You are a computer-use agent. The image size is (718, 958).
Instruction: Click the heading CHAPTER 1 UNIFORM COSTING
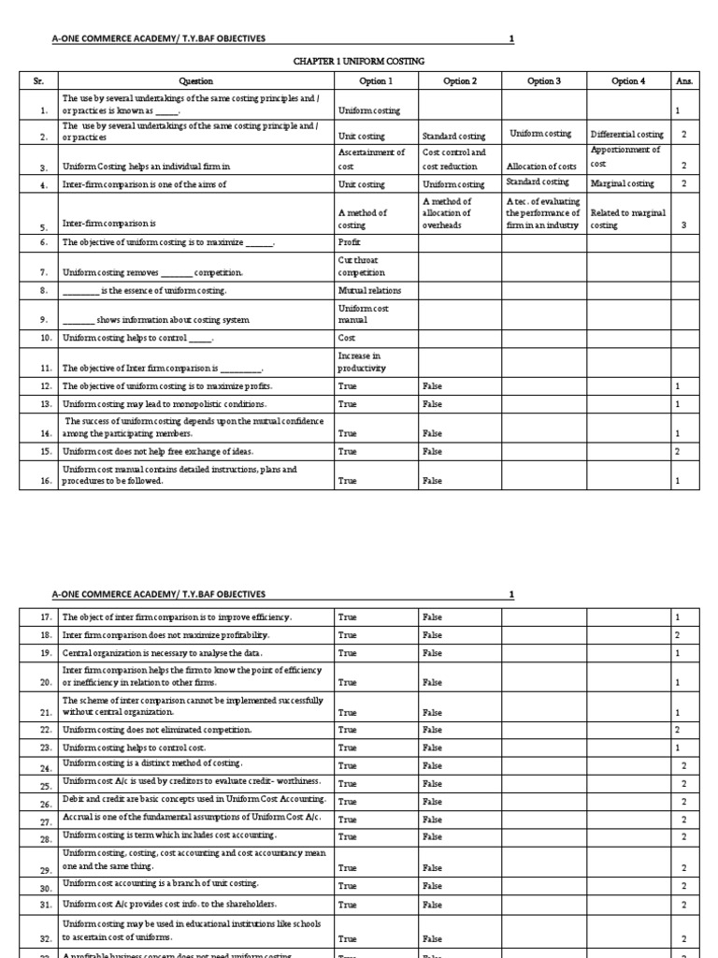(360, 61)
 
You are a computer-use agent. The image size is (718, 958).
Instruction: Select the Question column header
(196, 81)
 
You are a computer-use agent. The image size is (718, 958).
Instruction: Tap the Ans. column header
(683, 81)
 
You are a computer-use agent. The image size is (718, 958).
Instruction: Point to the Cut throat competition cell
(361, 266)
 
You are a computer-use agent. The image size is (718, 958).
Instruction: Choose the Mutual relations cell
(363, 291)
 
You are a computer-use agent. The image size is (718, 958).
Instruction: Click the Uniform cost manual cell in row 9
(362, 313)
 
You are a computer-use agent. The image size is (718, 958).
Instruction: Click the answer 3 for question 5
(683, 225)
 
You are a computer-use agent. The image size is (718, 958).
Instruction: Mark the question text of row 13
(164, 404)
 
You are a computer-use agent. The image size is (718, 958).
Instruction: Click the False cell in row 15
(432, 451)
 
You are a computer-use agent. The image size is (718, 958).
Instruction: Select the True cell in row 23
(347, 748)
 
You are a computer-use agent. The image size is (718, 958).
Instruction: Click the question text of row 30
(160, 884)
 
